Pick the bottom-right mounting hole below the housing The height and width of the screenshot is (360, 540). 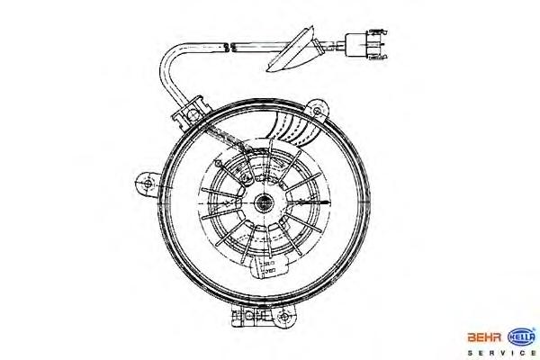coord(286,317)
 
